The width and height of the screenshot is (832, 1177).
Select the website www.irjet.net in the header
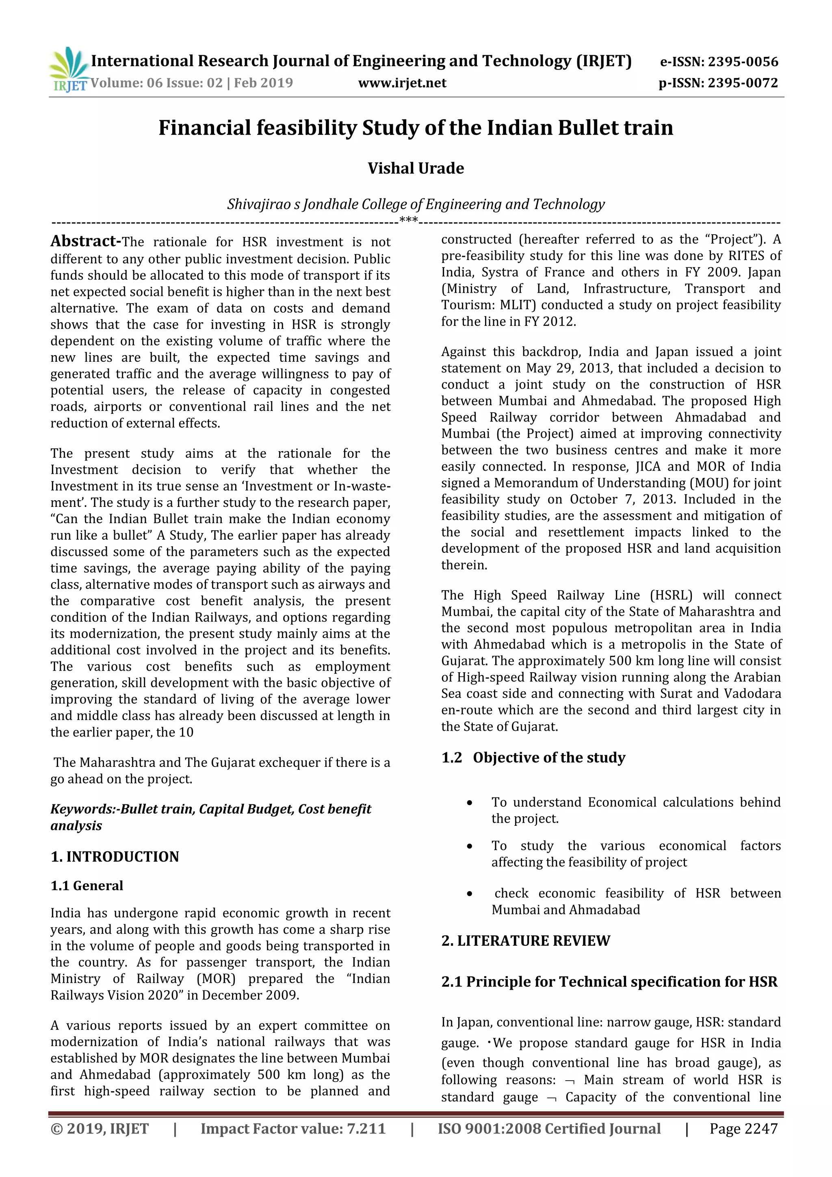pyautogui.click(x=402, y=83)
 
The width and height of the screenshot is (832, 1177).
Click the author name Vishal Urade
pyautogui.click(x=416, y=168)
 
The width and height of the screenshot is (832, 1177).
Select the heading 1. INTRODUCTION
pyautogui.click(x=115, y=857)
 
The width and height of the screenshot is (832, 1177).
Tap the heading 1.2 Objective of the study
pyautogui.click(x=533, y=757)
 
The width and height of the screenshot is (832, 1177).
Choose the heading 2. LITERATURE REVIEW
pyautogui.click(x=526, y=941)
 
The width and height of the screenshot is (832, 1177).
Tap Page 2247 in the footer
pyautogui.click(x=743, y=1128)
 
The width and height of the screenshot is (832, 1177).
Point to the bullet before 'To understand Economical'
pyautogui.click(x=469, y=803)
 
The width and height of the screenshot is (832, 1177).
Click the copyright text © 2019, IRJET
pyautogui.click(x=100, y=1128)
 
